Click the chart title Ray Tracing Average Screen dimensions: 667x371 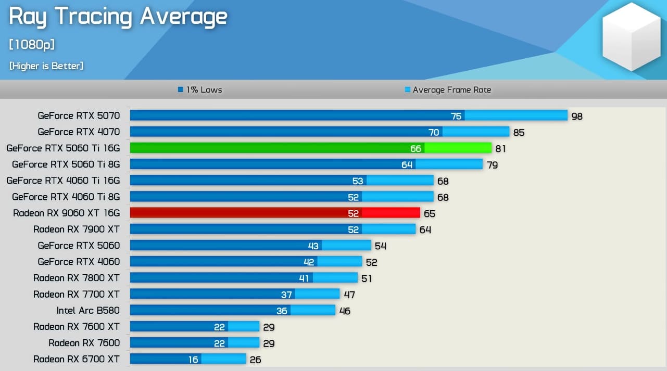coord(118,16)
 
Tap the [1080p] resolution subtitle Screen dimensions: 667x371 coord(32,45)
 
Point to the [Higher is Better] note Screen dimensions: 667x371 coord(46,66)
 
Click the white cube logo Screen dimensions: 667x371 coord(632,37)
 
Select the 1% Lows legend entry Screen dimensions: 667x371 coord(200,89)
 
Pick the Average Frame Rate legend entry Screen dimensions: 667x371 coord(448,89)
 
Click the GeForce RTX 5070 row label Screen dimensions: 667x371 coord(79,116)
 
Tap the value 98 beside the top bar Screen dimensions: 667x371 coord(577,116)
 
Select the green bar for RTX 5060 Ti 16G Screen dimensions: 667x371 coord(310,148)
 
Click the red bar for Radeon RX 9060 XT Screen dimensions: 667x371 coord(275,213)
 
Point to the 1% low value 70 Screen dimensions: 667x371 coord(434,132)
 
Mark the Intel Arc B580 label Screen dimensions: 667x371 coord(88,310)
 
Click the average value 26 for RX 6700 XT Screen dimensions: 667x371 coord(255,360)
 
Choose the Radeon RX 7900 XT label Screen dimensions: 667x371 coord(77,229)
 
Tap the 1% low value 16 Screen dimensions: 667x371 coord(193,360)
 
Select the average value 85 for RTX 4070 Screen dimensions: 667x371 coord(519,132)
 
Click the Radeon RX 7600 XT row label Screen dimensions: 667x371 coord(77,327)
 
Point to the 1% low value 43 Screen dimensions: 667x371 coord(313,246)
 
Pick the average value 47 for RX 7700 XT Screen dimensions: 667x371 coord(349,295)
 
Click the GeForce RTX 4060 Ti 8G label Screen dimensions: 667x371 coord(66,197)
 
